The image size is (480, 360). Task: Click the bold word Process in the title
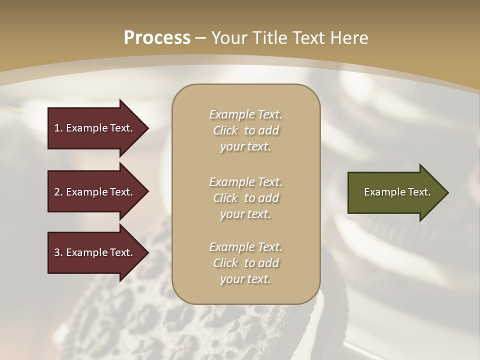click(157, 38)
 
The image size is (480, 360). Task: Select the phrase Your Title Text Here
click(290, 38)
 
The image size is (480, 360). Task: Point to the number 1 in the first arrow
click(57, 128)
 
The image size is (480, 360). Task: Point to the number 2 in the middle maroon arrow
click(57, 192)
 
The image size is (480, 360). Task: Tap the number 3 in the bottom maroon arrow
click(57, 252)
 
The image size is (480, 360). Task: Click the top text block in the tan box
click(245, 130)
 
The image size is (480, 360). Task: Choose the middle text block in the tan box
click(245, 198)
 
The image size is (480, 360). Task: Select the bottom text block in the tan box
click(245, 263)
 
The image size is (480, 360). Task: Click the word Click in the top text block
click(225, 130)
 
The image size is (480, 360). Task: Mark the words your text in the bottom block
click(245, 279)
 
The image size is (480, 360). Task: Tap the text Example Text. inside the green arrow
click(397, 192)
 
